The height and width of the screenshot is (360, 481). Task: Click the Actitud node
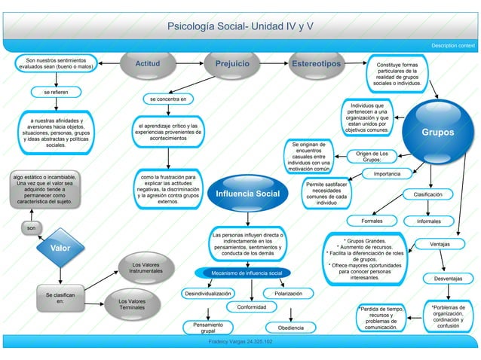(x=147, y=65)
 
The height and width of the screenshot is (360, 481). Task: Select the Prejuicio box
(x=232, y=65)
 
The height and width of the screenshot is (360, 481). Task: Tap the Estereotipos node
(x=316, y=65)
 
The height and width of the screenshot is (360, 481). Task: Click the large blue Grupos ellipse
(x=437, y=132)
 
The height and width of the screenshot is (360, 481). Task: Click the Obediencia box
(x=290, y=328)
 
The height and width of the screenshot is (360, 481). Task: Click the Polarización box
(x=289, y=293)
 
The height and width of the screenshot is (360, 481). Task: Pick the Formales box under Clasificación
(x=377, y=221)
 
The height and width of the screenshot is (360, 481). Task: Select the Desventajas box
(x=449, y=278)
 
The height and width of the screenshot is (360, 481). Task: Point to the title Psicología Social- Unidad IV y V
(x=240, y=26)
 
